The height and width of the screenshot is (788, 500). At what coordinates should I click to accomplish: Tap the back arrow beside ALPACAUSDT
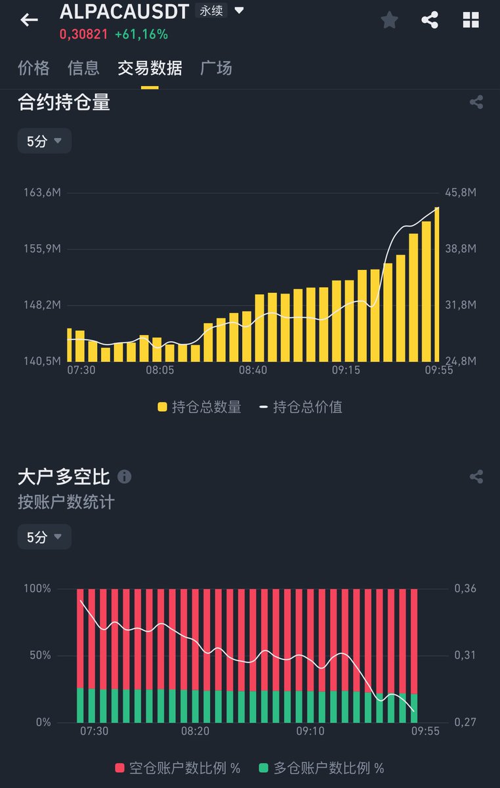tap(29, 20)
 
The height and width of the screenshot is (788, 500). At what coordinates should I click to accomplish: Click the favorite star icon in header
tap(389, 20)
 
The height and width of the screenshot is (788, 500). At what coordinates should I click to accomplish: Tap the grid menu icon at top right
tap(470, 20)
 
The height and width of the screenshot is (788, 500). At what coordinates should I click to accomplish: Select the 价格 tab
tap(33, 68)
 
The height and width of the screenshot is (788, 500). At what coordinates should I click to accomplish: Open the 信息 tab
tap(83, 68)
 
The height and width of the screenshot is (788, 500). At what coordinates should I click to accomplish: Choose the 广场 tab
tap(216, 68)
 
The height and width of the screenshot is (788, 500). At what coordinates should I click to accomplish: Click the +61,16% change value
tap(141, 33)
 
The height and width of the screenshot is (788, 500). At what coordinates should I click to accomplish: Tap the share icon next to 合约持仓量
tap(476, 102)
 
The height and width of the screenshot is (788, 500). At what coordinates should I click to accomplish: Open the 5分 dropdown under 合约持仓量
tap(44, 141)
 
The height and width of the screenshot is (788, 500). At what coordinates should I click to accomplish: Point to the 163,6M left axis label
tap(43, 192)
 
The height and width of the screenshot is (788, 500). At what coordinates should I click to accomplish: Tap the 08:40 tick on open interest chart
tap(253, 370)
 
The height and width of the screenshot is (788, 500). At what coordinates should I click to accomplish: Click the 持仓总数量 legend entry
tap(199, 407)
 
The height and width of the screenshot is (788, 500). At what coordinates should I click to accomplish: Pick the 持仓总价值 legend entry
tap(301, 407)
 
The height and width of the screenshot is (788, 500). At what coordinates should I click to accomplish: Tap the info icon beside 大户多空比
tap(124, 477)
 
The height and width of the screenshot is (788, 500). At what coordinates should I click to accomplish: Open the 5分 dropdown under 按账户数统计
tap(44, 537)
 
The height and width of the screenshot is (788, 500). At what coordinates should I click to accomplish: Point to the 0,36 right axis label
tap(465, 588)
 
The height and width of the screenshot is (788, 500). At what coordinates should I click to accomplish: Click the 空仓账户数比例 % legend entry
tap(178, 768)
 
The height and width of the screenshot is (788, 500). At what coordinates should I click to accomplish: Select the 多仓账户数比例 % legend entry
tap(322, 768)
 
